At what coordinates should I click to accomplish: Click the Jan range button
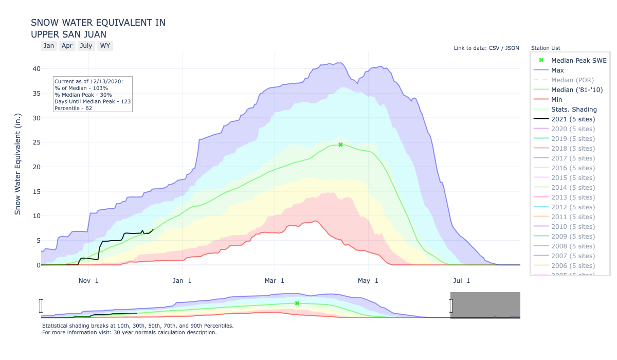[x=49, y=46]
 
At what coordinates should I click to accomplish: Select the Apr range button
[x=67, y=46]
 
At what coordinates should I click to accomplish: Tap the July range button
[x=86, y=46]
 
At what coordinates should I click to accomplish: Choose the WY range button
[x=105, y=46]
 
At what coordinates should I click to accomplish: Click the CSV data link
[x=495, y=48]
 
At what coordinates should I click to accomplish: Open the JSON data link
[x=512, y=48]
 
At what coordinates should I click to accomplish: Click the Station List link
[x=546, y=48]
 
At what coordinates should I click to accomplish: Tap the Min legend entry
[x=556, y=99]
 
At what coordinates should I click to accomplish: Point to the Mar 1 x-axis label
[x=275, y=280]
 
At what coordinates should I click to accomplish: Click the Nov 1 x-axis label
[x=88, y=280]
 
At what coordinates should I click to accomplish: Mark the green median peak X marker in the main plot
[x=340, y=145]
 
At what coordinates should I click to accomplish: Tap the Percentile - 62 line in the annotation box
[x=73, y=108]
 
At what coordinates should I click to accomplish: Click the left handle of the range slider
[x=41, y=305]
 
